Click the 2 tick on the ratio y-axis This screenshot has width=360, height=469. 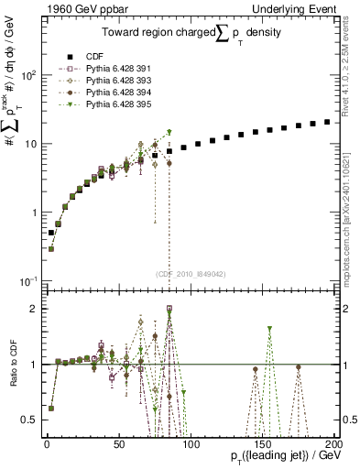(33, 309)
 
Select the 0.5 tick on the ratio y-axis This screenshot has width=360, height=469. (29, 420)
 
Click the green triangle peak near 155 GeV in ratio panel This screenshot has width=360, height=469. (269, 329)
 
